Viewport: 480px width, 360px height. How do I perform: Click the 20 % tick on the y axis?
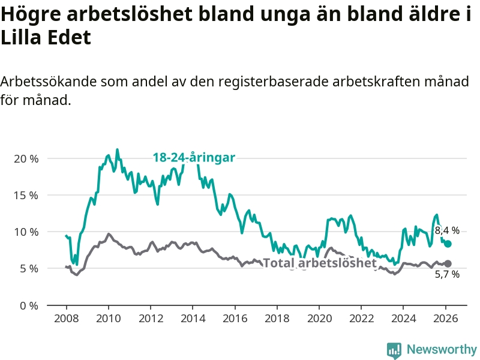point(26,159)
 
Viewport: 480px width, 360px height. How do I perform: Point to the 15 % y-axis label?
point(26,196)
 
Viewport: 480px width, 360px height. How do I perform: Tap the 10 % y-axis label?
point(26,232)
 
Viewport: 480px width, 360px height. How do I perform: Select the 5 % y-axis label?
point(29,269)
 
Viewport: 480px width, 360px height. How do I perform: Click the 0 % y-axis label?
point(29,305)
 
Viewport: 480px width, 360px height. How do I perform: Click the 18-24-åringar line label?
point(193,158)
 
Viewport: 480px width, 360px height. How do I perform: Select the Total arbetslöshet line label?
point(320,263)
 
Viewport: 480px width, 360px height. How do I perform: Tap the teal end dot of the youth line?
point(448,244)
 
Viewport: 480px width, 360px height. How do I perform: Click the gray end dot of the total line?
point(448,263)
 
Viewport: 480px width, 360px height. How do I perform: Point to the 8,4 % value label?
point(447,230)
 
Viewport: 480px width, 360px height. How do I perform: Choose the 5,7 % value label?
point(447,275)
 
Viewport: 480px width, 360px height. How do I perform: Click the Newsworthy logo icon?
point(394,350)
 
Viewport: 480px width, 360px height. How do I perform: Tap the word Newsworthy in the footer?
point(442,349)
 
